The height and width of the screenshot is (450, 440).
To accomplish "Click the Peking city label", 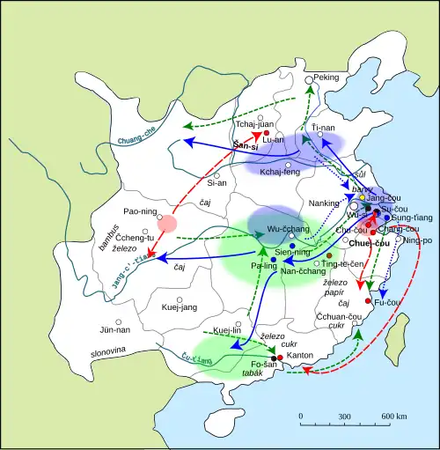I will tap(326, 77).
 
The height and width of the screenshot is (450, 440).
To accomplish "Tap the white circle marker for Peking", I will tap(309, 80).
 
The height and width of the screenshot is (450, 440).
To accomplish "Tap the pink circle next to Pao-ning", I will tap(167, 224).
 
